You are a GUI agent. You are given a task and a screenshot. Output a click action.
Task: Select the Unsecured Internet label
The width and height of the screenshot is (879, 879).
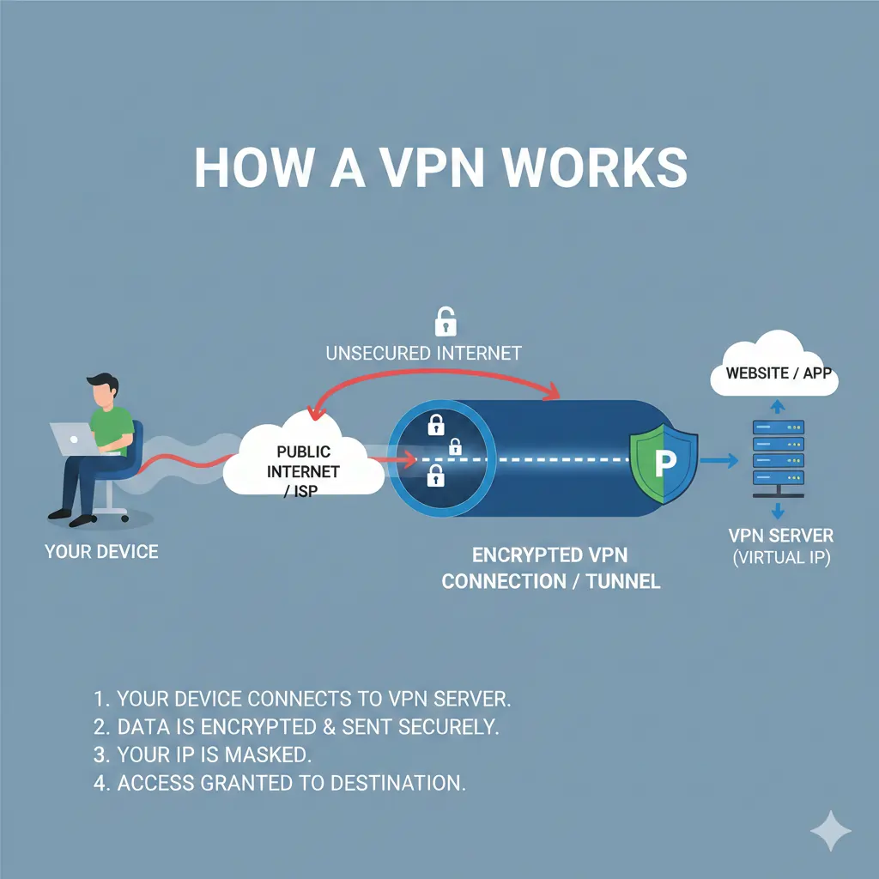(x=423, y=353)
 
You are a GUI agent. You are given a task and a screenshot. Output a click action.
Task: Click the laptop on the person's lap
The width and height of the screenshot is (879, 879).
(x=74, y=439)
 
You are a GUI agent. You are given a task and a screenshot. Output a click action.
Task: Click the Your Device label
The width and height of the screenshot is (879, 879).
(x=101, y=551)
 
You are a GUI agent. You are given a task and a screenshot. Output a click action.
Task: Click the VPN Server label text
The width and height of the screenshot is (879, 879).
(x=780, y=536)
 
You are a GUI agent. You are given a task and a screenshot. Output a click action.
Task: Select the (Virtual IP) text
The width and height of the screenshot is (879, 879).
(x=780, y=558)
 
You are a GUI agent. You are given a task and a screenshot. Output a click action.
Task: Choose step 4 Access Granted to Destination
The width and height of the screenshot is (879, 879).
(x=279, y=783)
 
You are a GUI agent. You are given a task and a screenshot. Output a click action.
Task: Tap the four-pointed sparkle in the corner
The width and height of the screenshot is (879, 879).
(x=831, y=831)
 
